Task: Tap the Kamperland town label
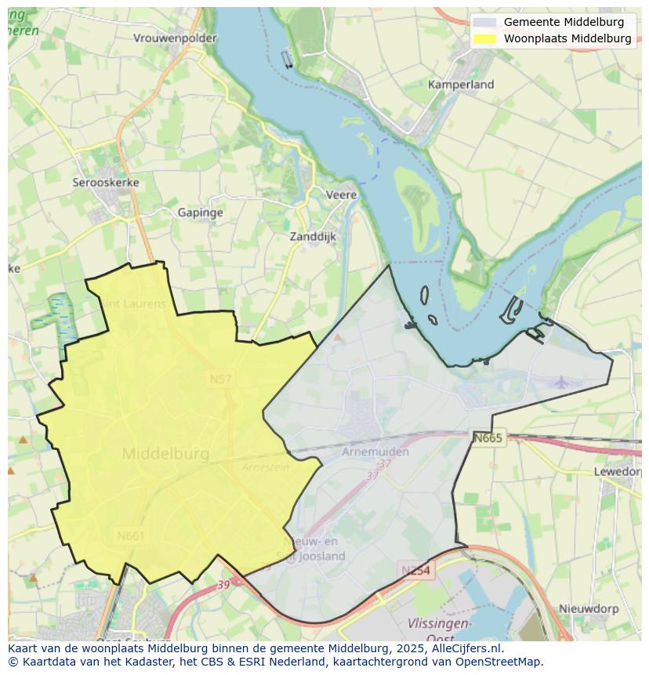(x=461, y=84)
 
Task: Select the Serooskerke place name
(x=106, y=183)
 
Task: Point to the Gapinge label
(x=200, y=212)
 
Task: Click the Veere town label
(x=341, y=194)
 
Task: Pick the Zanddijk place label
(x=312, y=236)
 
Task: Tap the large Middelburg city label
(x=165, y=454)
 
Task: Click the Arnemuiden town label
(x=375, y=452)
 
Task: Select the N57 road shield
(x=219, y=379)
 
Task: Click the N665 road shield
(x=488, y=438)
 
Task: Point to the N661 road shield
(x=130, y=536)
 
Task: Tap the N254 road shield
(x=415, y=571)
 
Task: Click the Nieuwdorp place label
(x=589, y=608)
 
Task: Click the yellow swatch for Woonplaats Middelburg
(x=485, y=38)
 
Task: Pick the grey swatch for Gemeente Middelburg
(x=485, y=22)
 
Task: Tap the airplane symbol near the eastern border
(x=561, y=383)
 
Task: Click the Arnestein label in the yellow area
(x=266, y=467)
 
